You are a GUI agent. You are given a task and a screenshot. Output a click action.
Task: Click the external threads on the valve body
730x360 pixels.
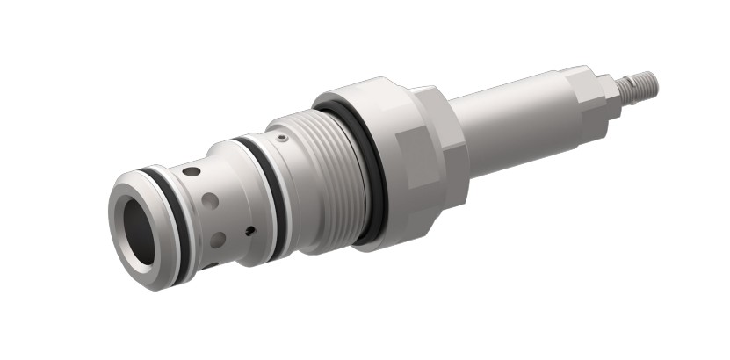(329, 176)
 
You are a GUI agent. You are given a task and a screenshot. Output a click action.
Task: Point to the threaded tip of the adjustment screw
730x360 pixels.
(641, 85)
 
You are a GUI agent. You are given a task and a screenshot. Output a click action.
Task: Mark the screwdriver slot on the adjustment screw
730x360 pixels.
(654, 83)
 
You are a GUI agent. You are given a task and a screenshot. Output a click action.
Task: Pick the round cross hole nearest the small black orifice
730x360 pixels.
(217, 237)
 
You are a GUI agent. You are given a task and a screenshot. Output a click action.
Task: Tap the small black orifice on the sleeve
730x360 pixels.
(250, 231)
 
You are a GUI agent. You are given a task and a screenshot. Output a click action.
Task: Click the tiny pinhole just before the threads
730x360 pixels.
(281, 137)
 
